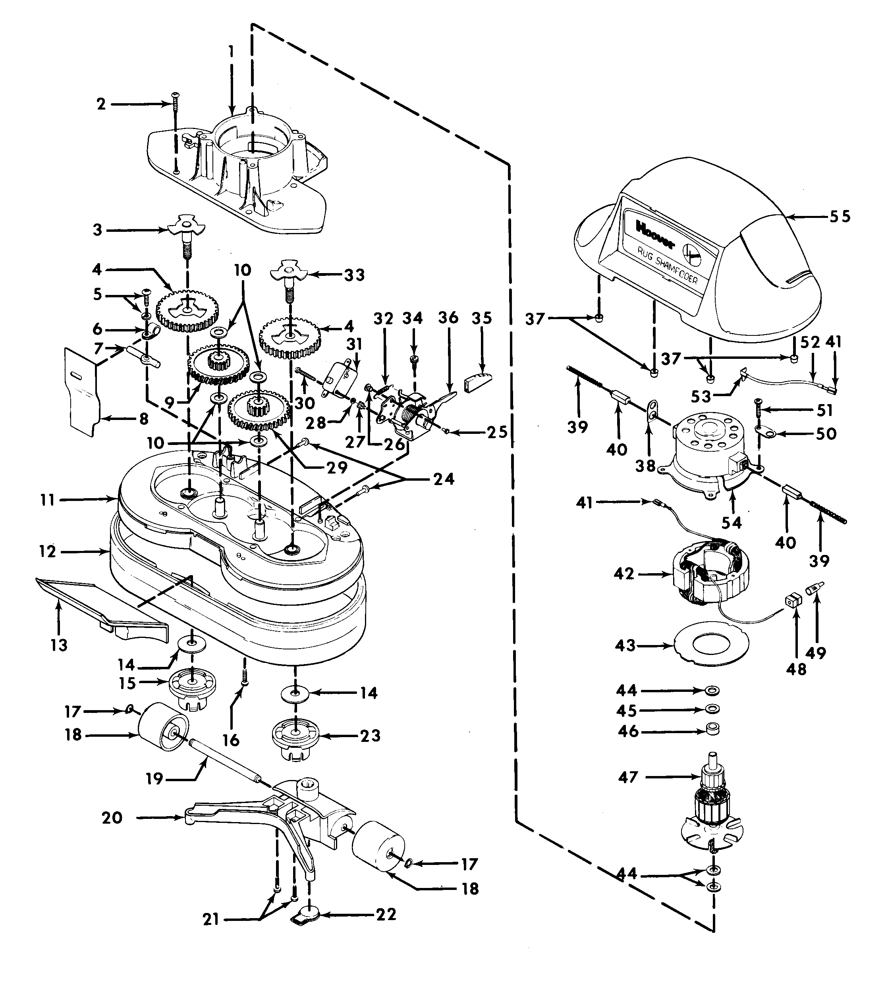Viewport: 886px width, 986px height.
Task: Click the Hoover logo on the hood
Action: tap(655, 234)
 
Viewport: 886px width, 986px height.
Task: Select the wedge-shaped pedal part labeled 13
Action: tap(102, 605)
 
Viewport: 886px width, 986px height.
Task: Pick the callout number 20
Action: tap(112, 818)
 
